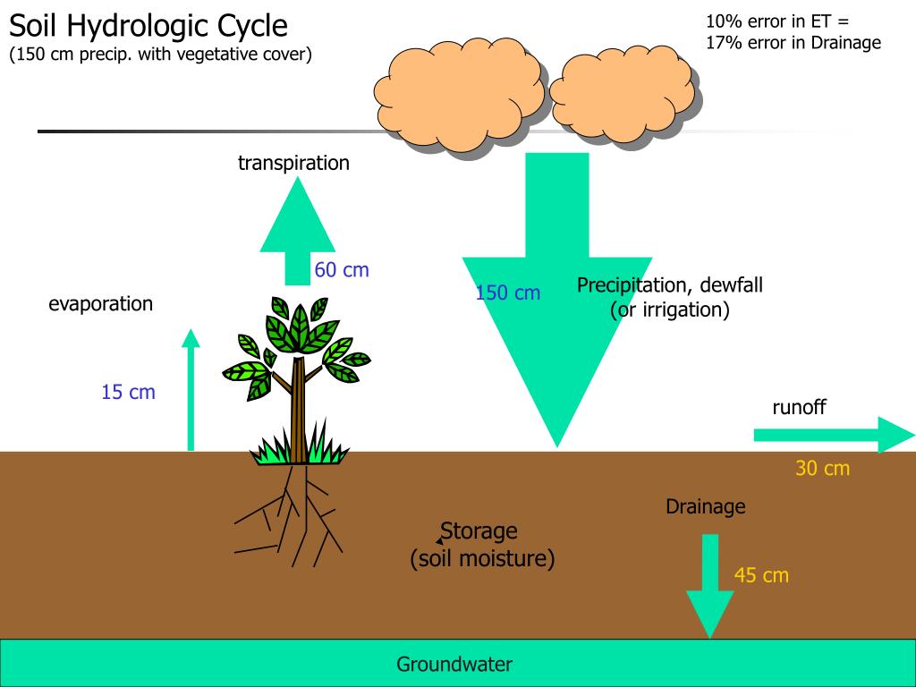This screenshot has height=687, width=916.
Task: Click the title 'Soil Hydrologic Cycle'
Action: (x=148, y=26)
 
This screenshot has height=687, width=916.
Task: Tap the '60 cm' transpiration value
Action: (x=342, y=270)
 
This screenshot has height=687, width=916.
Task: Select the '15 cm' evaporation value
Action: (x=129, y=392)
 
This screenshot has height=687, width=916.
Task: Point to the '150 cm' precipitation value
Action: (x=508, y=293)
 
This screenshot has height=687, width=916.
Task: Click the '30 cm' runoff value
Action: (x=823, y=468)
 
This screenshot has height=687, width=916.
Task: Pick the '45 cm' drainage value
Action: (x=761, y=575)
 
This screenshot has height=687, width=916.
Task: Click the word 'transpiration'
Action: (x=293, y=163)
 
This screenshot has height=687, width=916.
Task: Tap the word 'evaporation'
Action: (x=100, y=304)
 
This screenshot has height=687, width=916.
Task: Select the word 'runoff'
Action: (x=799, y=407)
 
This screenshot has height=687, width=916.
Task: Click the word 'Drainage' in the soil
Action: (x=706, y=506)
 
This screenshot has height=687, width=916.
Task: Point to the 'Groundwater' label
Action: (x=454, y=665)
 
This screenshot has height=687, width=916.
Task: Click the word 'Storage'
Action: (x=479, y=531)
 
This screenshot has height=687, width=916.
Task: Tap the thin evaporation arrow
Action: (x=191, y=390)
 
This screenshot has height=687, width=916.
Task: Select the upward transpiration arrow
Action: (x=297, y=232)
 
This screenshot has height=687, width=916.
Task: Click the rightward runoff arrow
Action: (x=835, y=436)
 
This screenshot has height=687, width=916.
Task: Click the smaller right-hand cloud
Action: (x=623, y=98)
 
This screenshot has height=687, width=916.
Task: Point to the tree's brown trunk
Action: (x=299, y=409)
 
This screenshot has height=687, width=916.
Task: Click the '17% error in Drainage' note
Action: (x=793, y=43)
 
